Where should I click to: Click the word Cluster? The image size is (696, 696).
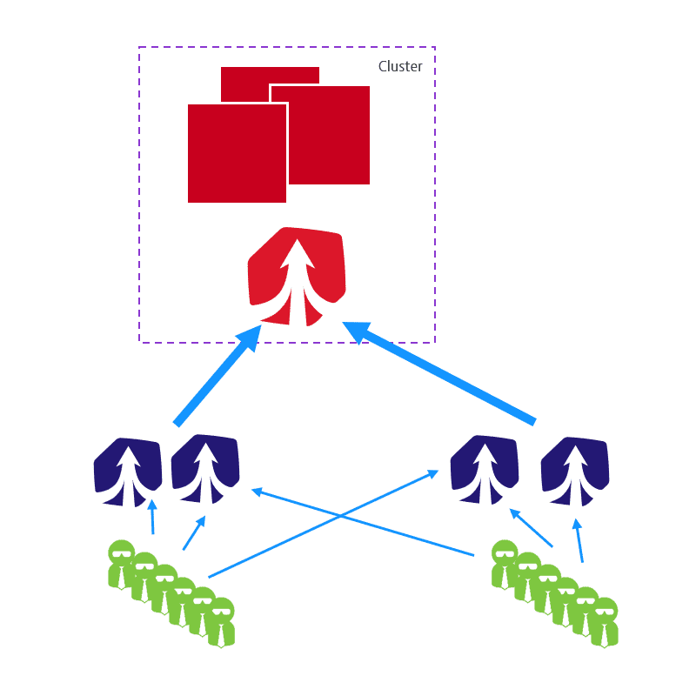[x=400, y=66]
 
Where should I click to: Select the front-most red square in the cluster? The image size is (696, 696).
[x=237, y=154]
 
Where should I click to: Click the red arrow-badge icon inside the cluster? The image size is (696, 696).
[x=297, y=277]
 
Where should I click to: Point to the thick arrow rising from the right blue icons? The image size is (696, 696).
[x=439, y=373]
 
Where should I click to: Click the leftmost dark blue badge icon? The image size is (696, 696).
[x=128, y=472]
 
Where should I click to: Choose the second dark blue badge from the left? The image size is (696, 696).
[x=205, y=469]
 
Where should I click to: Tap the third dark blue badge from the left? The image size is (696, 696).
[x=485, y=470]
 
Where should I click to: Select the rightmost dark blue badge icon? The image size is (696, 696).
[x=575, y=472]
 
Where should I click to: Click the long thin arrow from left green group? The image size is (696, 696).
[x=324, y=524]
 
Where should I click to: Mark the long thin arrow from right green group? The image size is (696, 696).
[x=363, y=522]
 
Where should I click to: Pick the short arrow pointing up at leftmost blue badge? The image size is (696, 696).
[x=153, y=517]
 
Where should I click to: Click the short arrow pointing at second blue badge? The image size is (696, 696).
[x=194, y=532]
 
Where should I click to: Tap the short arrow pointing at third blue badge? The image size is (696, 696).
[x=531, y=528]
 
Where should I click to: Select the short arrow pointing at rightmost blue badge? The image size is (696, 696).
[x=579, y=540]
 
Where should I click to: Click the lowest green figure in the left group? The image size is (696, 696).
[x=221, y=623]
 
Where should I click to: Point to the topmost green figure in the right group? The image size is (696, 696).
[x=505, y=565]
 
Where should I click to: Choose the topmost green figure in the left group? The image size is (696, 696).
[x=122, y=565]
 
